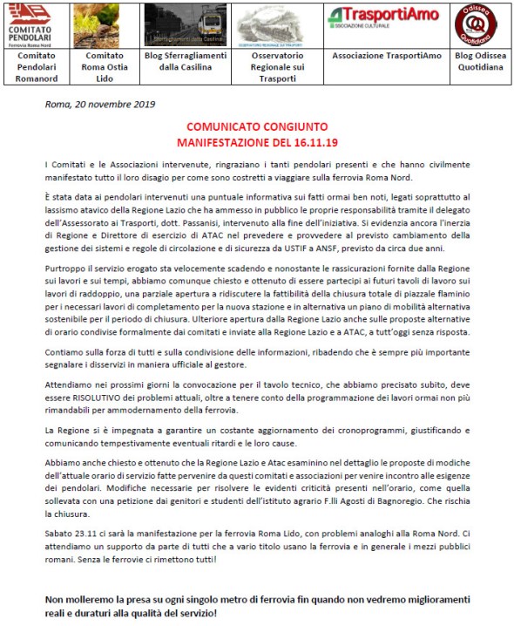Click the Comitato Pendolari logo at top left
(x=36, y=24)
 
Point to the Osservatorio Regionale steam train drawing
(x=271, y=24)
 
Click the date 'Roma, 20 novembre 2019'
(x=98, y=105)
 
